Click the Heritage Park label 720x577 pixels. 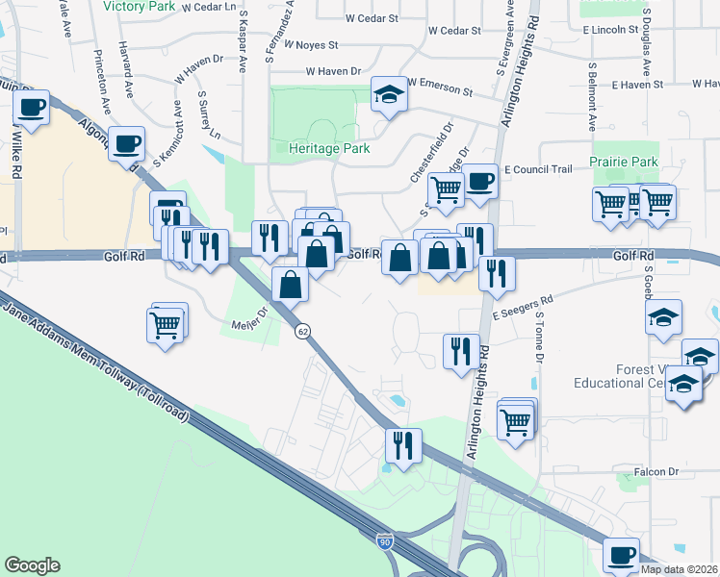pos(330,149)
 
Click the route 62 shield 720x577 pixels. pos(302,330)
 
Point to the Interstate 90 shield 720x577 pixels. pos(384,543)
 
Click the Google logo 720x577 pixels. pos(32,565)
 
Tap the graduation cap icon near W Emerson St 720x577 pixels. pos(389,94)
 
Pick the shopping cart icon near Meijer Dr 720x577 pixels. pos(167,325)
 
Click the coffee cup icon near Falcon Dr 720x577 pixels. pos(622,555)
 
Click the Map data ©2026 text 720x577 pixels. pos(680,569)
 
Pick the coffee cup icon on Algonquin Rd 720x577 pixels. pos(127,144)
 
